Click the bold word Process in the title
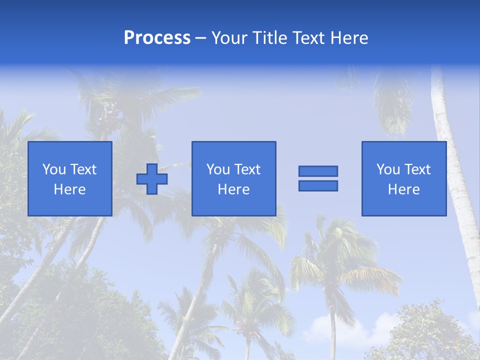157,38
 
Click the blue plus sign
152,178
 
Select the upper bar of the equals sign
318,171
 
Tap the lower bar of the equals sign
318,185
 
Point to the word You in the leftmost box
54,169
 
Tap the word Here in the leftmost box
69,189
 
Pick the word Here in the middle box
233,189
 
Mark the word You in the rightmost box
388,169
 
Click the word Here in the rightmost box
404,189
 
